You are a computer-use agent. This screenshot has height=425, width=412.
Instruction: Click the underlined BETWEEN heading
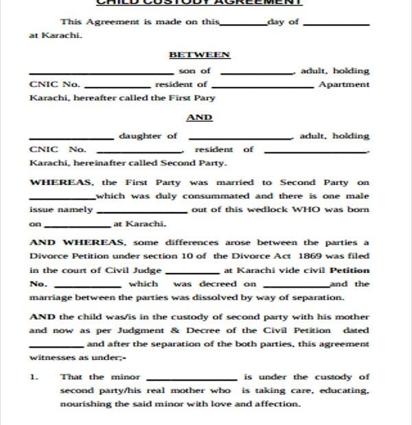[199, 54]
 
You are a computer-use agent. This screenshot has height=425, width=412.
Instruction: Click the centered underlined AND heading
[199, 117]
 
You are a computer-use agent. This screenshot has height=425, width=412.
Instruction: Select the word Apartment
[344, 84]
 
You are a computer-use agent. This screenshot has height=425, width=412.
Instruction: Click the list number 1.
[33, 376]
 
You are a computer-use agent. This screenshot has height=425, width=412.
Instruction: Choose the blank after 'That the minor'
[192, 379]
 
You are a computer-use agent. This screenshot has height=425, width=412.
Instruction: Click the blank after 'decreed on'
[295, 286]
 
